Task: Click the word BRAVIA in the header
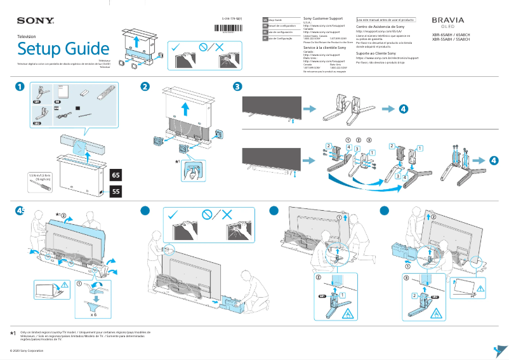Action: click(447, 20)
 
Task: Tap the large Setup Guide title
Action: click(63, 49)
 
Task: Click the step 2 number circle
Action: click(145, 86)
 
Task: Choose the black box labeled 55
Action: click(116, 190)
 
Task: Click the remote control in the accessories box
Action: click(103, 96)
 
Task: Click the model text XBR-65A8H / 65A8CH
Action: click(451, 35)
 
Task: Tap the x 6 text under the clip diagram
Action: click(93, 314)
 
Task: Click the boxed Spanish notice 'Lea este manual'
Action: click(385, 19)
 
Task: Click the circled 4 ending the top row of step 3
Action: click(404, 109)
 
